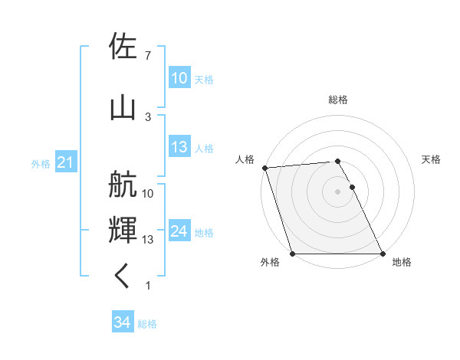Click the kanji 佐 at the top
pos(124,48)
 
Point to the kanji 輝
pos(124,231)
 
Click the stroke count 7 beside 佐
pos(148,56)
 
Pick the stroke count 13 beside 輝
pos(149,240)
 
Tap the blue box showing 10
pos(179,78)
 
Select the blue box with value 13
pos(179,148)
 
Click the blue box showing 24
pos(179,231)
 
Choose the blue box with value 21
pos(65,162)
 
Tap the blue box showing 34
pos(122,322)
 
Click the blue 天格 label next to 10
pos(203,79)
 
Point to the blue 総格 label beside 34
pos(147,323)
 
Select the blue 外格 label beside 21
pos(41,163)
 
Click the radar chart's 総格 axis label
pos(338,100)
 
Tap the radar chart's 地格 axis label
pos(402,262)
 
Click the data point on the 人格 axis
pos(264,168)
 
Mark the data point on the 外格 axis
pos(292,254)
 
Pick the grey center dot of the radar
pos(337,191)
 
